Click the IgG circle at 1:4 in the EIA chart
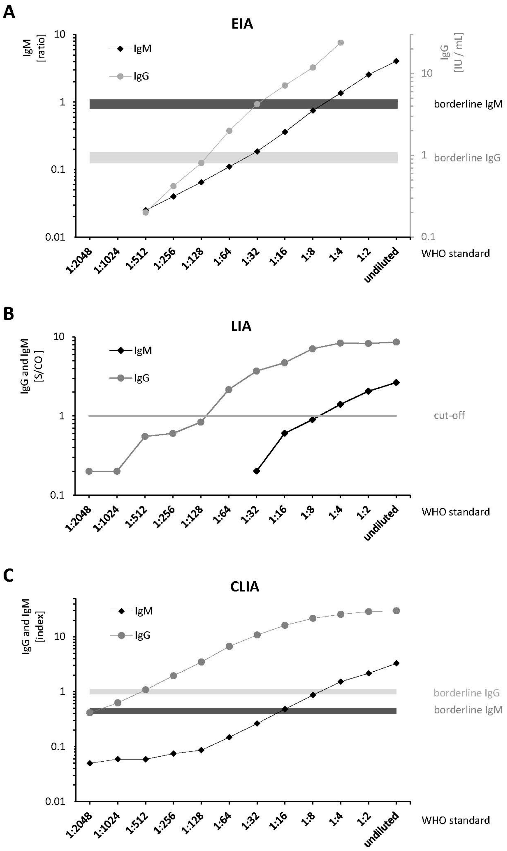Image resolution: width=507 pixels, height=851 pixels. coord(340,43)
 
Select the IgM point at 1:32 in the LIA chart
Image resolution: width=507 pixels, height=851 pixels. coord(257,471)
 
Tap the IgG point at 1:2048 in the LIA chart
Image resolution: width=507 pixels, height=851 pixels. coord(89,471)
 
